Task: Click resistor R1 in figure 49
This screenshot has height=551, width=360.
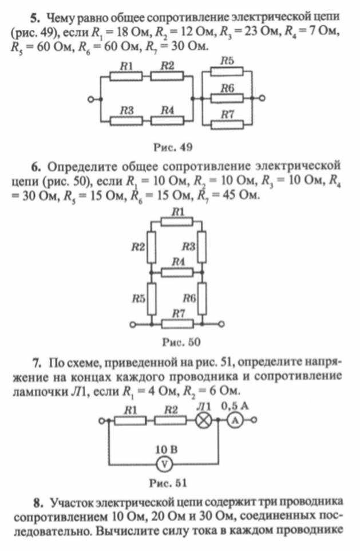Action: [126, 76]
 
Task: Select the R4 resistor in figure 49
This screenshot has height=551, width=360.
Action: [167, 120]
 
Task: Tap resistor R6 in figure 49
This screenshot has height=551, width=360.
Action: [227, 99]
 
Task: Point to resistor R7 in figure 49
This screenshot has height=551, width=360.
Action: [227, 125]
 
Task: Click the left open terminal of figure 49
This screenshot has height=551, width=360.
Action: [90, 100]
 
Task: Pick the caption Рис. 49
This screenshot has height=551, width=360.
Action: [173, 147]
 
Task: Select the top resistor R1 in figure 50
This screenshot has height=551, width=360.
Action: [177, 222]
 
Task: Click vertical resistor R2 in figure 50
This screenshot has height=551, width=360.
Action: [151, 247]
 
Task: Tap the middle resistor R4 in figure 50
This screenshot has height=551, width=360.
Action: [177, 272]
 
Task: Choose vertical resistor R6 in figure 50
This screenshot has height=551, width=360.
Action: [202, 298]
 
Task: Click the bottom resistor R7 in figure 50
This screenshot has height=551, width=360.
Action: [177, 324]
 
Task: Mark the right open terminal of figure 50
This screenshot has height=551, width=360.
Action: [221, 324]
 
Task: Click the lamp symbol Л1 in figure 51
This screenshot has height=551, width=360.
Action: [203, 420]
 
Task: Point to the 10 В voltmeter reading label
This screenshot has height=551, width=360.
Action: [167, 449]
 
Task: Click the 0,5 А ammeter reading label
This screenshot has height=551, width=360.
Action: [235, 406]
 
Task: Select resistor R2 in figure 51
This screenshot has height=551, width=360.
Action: [171, 420]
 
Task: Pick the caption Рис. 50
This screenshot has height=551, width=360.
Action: [181, 342]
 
